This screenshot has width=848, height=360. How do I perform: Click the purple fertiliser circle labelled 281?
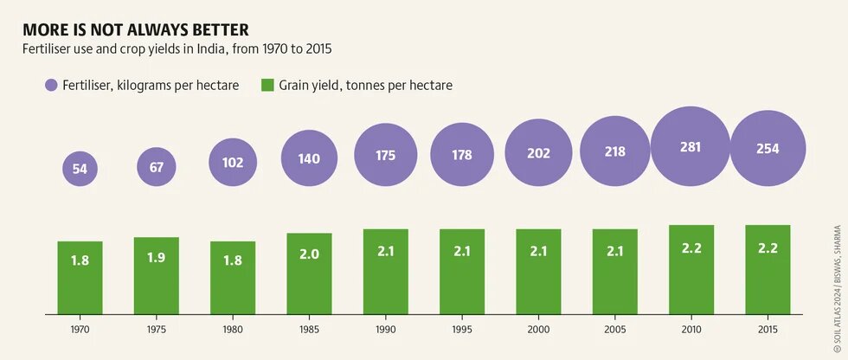click(x=691, y=148)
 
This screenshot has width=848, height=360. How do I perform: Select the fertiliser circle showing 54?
click(x=80, y=169)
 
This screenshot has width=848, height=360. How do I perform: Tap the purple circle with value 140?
click(x=309, y=158)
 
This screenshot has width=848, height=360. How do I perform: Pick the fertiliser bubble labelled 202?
click(x=538, y=154)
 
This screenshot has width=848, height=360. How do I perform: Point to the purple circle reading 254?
click(x=768, y=149)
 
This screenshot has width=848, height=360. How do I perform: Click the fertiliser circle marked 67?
click(x=157, y=166)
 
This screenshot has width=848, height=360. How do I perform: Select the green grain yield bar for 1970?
click(x=80, y=277)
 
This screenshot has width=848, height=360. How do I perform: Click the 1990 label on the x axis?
click(x=386, y=330)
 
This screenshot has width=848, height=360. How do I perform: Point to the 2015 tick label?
click(x=768, y=330)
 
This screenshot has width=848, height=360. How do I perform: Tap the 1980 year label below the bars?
click(x=233, y=330)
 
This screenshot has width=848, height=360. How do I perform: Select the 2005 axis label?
click(x=614, y=330)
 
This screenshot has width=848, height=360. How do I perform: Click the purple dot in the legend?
click(x=51, y=85)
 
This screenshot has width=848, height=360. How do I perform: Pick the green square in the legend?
click(x=268, y=85)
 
